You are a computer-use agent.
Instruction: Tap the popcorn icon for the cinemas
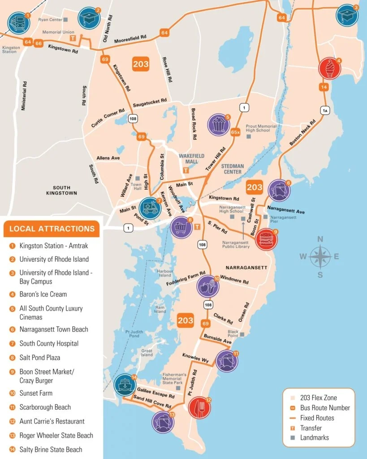coord(219,124)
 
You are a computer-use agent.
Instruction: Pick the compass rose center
coord(320,257)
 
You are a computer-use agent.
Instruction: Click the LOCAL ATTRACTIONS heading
coord(52,229)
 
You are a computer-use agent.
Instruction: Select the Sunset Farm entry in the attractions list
coord(36,393)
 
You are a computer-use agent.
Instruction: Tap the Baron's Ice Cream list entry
coord(43,294)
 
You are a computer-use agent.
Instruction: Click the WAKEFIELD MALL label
coord(191,159)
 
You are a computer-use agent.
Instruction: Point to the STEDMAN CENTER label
coord(233,169)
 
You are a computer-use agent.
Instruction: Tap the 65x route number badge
coord(235,132)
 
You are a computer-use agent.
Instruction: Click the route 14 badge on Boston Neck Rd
coord(324,87)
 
